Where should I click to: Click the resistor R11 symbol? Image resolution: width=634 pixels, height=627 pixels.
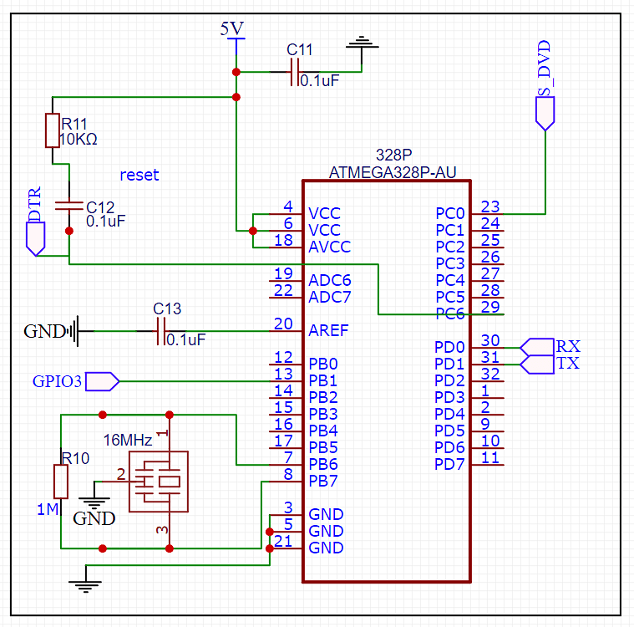click(x=52, y=130)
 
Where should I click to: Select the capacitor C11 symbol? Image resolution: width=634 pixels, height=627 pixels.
click(x=293, y=72)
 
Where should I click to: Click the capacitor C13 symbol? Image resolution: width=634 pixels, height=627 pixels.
click(x=160, y=331)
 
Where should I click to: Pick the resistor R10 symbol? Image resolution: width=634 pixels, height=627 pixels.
click(x=61, y=482)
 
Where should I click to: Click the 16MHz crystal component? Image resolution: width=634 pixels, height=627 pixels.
click(x=159, y=482)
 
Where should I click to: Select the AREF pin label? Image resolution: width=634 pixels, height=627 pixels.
click(x=328, y=330)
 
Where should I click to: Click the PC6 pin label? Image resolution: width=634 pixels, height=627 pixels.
click(x=450, y=313)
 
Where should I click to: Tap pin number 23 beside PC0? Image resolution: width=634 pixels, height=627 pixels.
click(x=490, y=206)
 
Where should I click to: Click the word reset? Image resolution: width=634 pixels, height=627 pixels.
click(x=139, y=175)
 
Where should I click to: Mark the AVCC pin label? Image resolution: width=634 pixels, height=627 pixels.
click(x=329, y=247)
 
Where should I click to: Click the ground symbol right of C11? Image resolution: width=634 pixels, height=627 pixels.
click(x=362, y=43)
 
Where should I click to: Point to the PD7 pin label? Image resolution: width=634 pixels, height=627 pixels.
click(x=450, y=464)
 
